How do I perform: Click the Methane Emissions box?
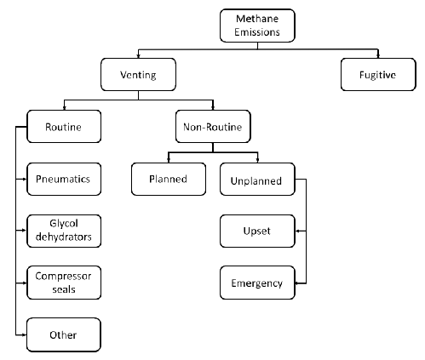click(257, 26)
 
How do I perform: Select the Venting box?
click(138, 75)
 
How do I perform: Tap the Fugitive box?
click(378, 75)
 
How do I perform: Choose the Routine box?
click(64, 127)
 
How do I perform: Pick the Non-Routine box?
click(213, 127)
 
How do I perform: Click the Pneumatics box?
click(64, 179)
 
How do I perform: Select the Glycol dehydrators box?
click(64, 231)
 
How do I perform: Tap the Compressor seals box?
click(64, 283)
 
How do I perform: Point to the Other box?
click(64, 334)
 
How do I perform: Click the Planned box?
click(169, 179)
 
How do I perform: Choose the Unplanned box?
click(257, 179)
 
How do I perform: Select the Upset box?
click(257, 231)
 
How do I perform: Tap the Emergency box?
click(257, 283)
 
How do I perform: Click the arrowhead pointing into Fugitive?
click(378, 56)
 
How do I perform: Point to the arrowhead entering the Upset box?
click(297, 231)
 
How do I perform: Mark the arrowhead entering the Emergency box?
click(297, 283)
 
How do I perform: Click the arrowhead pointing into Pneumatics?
click(25, 179)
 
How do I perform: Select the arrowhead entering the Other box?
click(25, 335)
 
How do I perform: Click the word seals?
click(64, 289)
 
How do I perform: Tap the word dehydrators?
click(64, 237)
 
